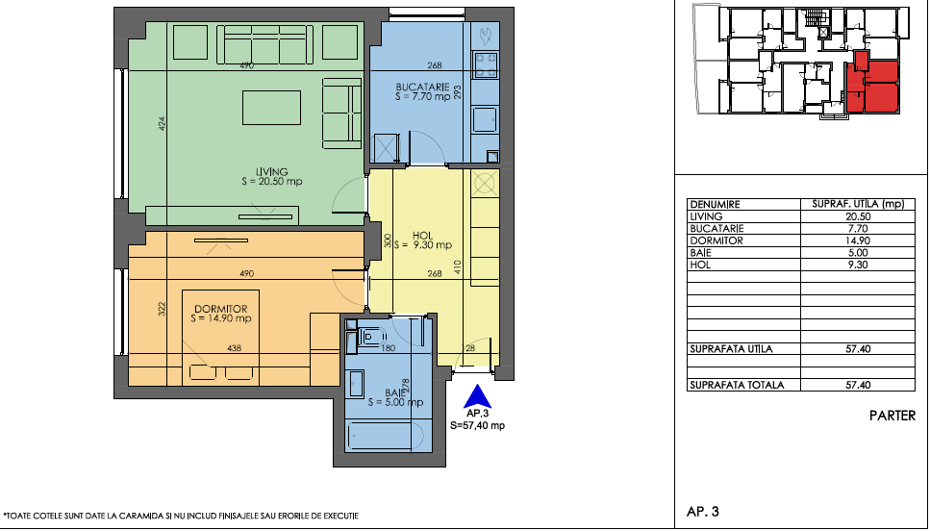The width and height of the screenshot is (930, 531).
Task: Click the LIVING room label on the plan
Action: [272, 172]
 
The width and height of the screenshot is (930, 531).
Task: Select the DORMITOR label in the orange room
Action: [220, 309]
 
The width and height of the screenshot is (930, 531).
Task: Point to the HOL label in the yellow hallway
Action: [423, 236]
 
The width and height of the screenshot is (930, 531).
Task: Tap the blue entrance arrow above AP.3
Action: [477, 396]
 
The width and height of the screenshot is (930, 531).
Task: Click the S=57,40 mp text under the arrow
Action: [477, 425]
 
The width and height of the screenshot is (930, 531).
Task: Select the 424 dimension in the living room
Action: [163, 123]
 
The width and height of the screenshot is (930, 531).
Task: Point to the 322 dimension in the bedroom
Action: [163, 309]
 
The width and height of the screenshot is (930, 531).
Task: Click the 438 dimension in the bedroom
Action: [235, 348]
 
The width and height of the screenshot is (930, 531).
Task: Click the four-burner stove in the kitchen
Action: [485, 65]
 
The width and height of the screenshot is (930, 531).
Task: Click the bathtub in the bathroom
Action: [386, 437]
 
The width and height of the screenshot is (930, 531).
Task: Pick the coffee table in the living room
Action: [271, 108]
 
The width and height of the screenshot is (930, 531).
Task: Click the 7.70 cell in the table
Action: [858, 228]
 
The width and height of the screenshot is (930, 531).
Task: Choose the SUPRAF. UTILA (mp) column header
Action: [858, 204]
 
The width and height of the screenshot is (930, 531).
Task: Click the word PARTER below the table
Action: [892, 416]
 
